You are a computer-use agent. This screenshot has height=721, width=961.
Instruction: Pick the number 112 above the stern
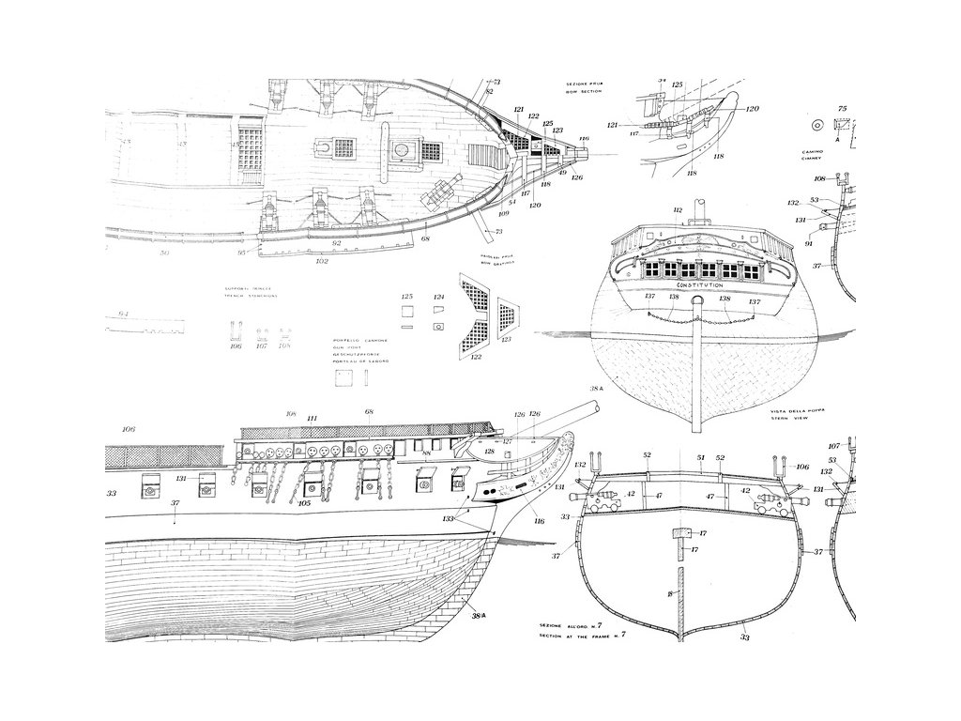[x=678, y=210]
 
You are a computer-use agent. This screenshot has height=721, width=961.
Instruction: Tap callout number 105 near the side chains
[x=304, y=502]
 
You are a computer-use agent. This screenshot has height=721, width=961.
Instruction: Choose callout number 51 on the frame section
[x=700, y=457]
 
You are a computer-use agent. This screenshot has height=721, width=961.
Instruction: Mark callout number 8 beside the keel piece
[x=670, y=594]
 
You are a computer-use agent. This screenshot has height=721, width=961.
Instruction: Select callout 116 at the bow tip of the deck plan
[x=584, y=139]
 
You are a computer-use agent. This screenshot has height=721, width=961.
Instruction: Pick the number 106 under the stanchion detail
[x=236, y=346]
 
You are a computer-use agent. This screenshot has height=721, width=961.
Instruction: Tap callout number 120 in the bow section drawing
[x=753, y=109]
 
